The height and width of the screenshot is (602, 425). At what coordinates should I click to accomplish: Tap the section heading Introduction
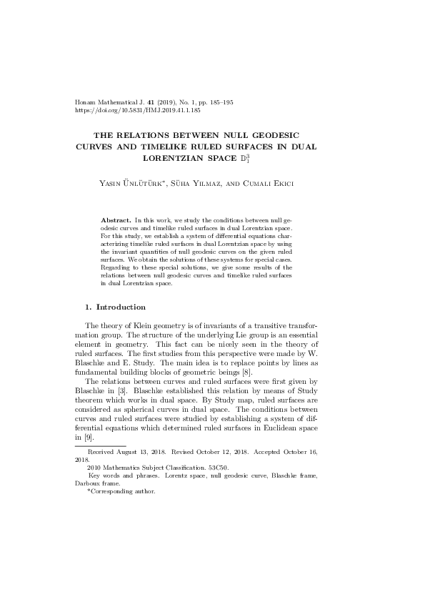tap(121, 307)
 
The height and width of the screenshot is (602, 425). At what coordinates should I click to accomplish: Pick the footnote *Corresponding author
tap(121, 491)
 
